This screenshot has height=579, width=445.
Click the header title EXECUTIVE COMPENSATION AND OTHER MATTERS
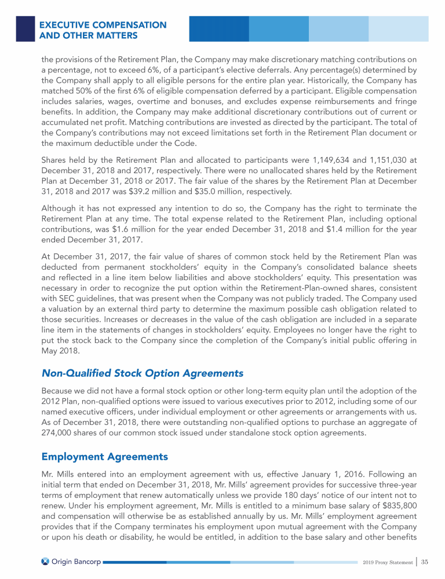click(x=103, y=31)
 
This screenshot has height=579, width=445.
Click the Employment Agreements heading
click(x=104, y=456)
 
